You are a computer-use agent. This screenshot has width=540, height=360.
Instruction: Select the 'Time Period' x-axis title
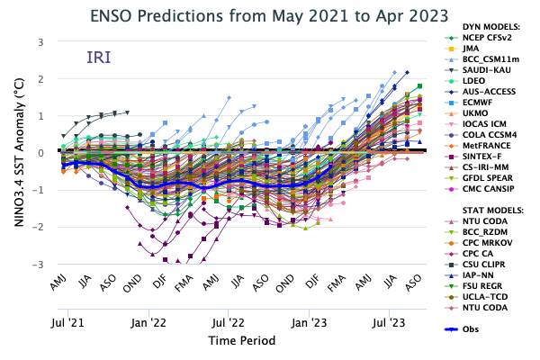click(x=241, y=341)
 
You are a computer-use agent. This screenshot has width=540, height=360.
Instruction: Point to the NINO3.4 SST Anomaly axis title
click(x=18, y=153)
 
